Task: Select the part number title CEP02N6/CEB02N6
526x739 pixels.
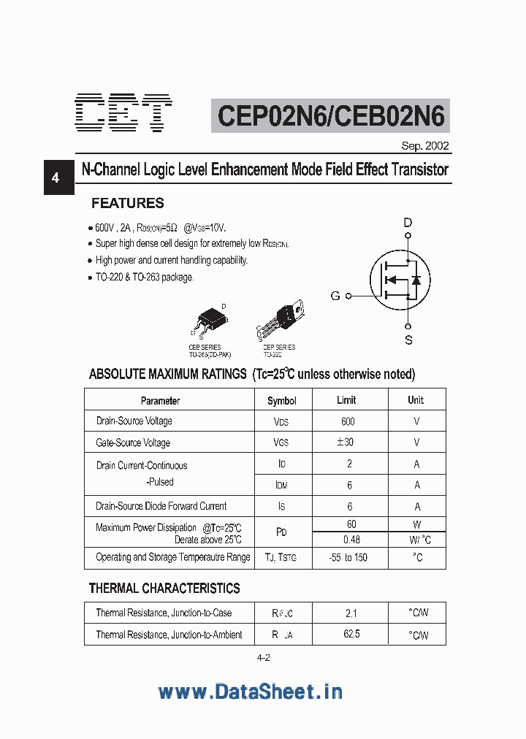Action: (331, 116)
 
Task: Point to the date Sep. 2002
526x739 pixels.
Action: (425, 145)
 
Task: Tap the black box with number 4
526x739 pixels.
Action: (56, 177)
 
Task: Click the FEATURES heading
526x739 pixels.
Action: (127, 203)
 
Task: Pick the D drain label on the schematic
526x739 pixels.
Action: (408, 223)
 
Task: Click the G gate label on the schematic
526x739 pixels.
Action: (335, 296)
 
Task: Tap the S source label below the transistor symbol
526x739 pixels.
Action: (408, 340)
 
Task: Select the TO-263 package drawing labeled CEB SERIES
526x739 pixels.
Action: (210, 320)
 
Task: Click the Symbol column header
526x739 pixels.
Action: (282, 400)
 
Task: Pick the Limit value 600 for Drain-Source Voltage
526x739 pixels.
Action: (348, 421)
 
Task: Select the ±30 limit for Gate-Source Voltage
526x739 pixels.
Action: (346, 443)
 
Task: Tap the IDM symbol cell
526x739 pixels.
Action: (281, 485)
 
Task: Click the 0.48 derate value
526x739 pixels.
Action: (351, 540)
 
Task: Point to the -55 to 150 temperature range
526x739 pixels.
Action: (348, 557)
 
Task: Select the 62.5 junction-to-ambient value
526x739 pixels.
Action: (351, 634)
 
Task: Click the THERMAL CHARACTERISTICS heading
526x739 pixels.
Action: (164, 588)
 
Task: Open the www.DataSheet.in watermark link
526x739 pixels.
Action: (250, 692)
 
